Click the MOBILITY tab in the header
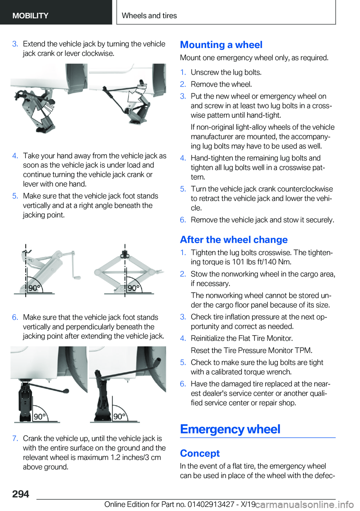(30, 15)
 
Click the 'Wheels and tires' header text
(149, 15)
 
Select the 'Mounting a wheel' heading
(221, 45)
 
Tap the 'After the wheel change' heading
(234, 239)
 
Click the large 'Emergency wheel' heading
(230, 429)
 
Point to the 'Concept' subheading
(200, 453)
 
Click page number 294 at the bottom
(21, 494)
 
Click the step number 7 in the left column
(15, 439)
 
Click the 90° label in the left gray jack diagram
(34, 288)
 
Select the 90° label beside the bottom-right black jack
(120, 417)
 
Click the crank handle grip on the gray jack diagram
(77, 277)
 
